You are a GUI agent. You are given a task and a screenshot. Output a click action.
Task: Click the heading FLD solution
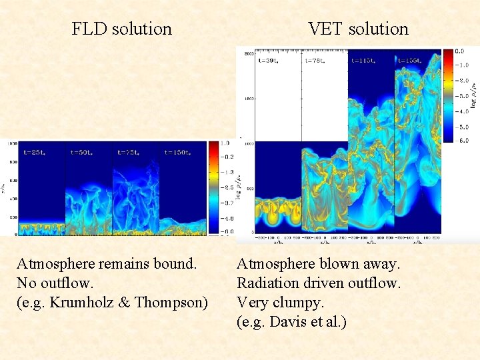click(x=121, y=29)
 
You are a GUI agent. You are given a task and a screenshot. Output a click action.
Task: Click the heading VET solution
click(x=358, y=29)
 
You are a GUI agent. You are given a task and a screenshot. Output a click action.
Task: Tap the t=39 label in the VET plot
click(x=269, y=60)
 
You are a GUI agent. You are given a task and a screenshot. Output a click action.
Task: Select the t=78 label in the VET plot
click(x=315, y=60)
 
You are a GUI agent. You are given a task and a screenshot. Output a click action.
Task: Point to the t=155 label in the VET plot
click(x=410, y=60)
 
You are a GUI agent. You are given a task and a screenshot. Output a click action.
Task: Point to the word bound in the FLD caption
click(x=175, y=263)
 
